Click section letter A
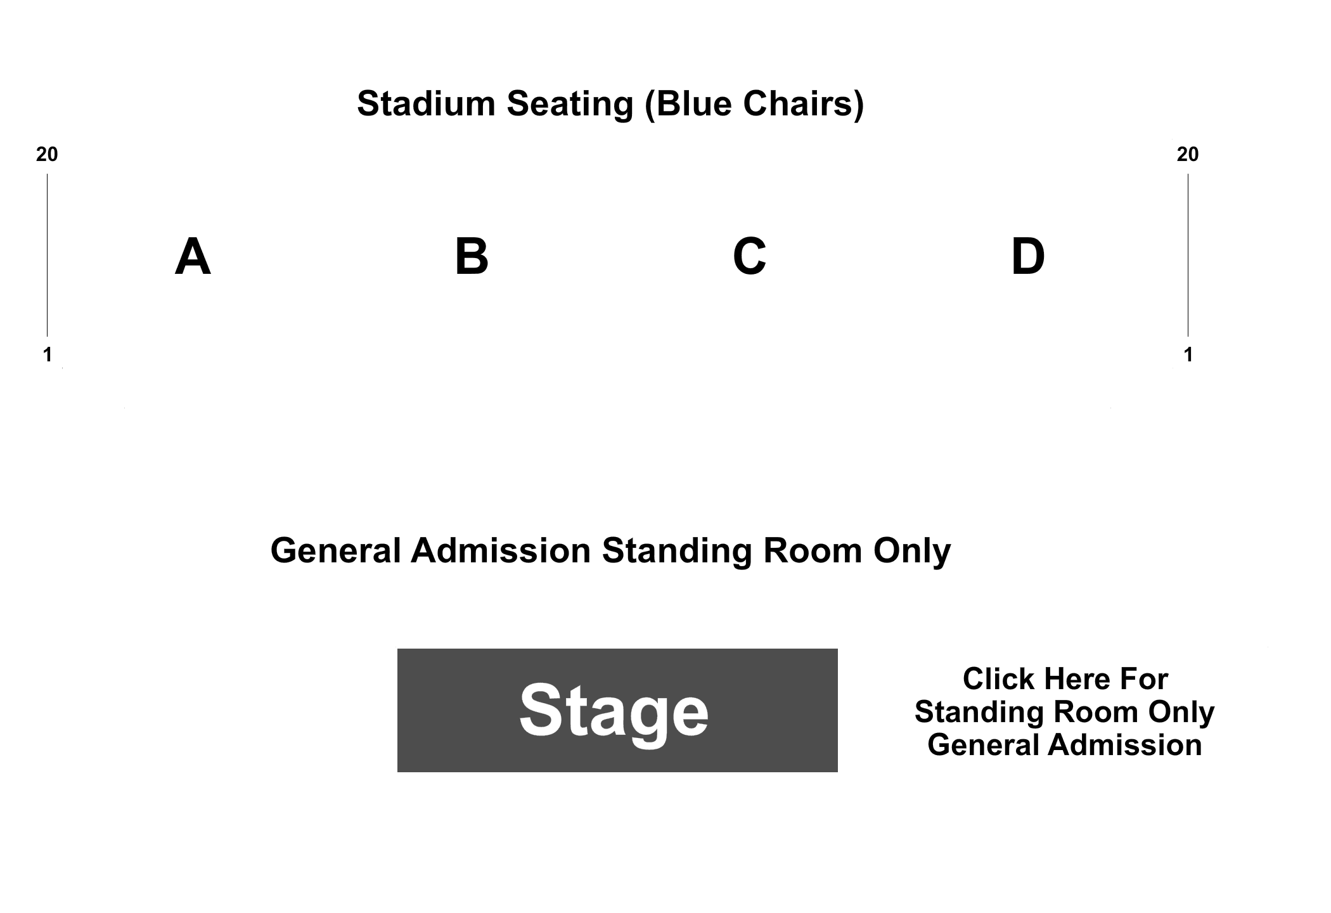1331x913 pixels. coord(193,257)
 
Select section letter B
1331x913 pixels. coord(472,257)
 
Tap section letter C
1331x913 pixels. coord(749,257)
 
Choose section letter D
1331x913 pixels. coord(1027,257)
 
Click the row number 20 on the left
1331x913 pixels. coord(47,154)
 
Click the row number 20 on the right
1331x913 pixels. coord(1188,154)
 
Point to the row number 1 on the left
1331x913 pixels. coord(48,355)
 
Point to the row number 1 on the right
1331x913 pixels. coord(1188,355)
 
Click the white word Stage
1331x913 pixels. coord(614,712)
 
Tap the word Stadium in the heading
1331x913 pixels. coord(426,103)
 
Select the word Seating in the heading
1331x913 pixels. coord(570,105)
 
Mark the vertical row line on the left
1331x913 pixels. coord(47,255)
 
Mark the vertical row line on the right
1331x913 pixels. coord(1188,255)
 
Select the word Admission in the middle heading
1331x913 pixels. coord(501,550)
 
